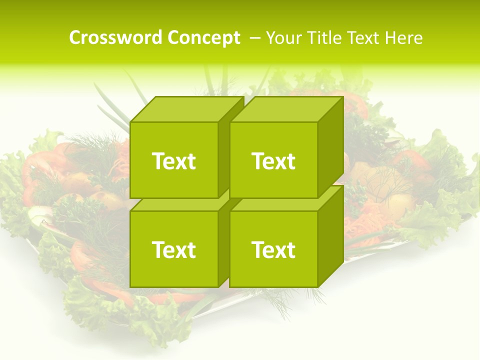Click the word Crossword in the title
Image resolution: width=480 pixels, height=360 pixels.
[115, 38]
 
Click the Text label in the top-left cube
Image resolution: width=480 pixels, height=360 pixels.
[173, 161]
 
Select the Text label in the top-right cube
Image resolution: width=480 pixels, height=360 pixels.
[273, 161]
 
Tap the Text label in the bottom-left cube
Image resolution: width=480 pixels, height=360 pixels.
[173, 250]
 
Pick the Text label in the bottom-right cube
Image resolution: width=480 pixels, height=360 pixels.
[273, 250]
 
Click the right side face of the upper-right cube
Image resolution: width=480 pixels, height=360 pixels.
[330, 145]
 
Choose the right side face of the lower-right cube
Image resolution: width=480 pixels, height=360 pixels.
[330, 235]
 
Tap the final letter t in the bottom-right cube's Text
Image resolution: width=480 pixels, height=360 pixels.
[291, 250]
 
